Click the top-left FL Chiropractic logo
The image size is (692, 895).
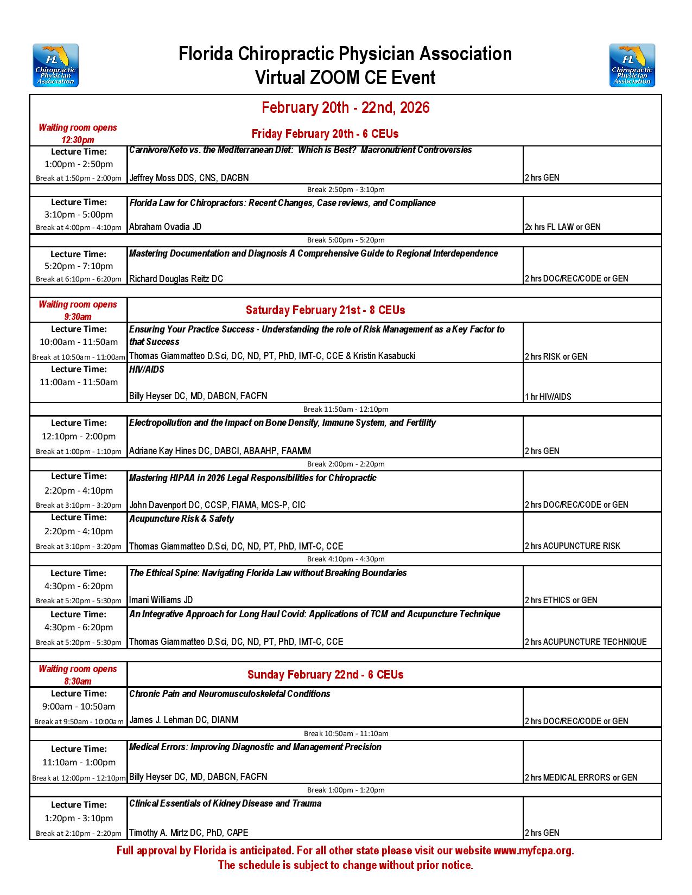[x=55, y=65]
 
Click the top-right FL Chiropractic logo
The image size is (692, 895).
[x=632, y=65]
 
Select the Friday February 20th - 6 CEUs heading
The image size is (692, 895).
[x=325, y=134]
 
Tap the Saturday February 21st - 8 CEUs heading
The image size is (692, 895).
[x=325, y=310]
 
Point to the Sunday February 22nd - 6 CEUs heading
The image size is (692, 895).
[x=325, y=675]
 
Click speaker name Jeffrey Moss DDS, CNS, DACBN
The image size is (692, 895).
[x=189, y=178]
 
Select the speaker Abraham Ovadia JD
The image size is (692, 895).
[x=165, y=227]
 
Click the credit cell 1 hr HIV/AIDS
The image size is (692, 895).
[x=548, y=397]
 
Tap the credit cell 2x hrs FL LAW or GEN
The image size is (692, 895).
[x=562, y=227]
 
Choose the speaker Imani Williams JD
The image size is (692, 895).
[x=161, y=600]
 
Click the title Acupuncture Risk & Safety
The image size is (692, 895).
[x=181, y=519]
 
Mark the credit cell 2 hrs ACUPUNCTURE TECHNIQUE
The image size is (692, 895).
[x=586, y=642]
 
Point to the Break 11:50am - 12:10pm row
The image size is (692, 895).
[x=346, y=410]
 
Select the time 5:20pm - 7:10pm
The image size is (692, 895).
[x=79, y=266]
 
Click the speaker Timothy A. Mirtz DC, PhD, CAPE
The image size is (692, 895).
[x=188, y=833]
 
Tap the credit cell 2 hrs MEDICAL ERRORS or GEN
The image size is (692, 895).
[x=581, y=778]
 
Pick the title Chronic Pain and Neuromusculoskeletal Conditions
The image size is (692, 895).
[x=230, y=694]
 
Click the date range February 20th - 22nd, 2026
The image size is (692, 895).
[x=345, y=107]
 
